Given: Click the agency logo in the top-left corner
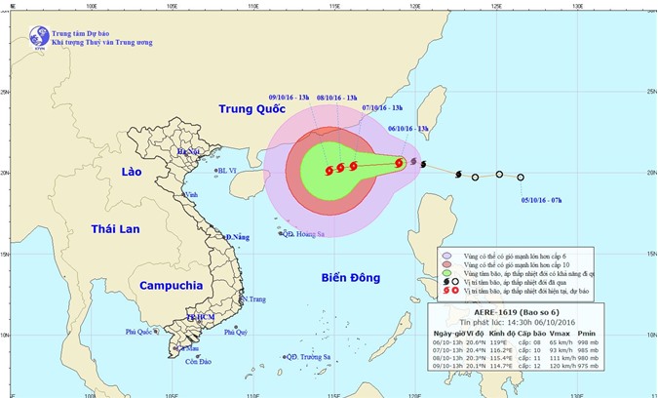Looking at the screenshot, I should click(38, 38).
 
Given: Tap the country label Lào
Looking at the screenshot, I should click(132, 172).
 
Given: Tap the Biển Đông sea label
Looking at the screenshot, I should click(350, 279).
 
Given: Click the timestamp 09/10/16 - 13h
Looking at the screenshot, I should click(290, 98).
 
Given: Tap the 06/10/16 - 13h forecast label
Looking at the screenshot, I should click(409, 129).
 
